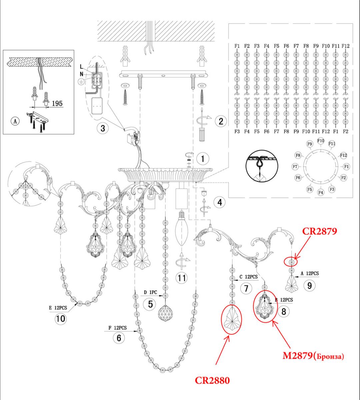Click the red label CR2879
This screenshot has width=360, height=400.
tap(320, 231)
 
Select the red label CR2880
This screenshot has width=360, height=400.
tap(212, 380)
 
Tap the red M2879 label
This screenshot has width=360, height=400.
tap(298, 355)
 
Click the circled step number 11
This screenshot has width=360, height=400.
tap(182, 278)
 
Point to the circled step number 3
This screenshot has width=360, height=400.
tap(103, 128)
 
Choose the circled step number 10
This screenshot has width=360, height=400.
tap(60, 319)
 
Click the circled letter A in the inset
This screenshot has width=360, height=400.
tap(15, 121)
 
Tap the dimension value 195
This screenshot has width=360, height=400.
tap(57, 103)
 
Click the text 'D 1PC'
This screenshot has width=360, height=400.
tap(150, 293)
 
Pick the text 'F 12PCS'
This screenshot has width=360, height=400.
tap(117, 328)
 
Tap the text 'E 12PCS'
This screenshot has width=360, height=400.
tap(58, 308)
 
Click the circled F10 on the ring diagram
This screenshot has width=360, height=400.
tap(321, 141)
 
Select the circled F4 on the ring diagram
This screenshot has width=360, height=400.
tap(321, 192)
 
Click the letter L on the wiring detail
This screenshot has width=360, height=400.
tap(81, 67)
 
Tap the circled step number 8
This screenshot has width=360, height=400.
tap(284, 311)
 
